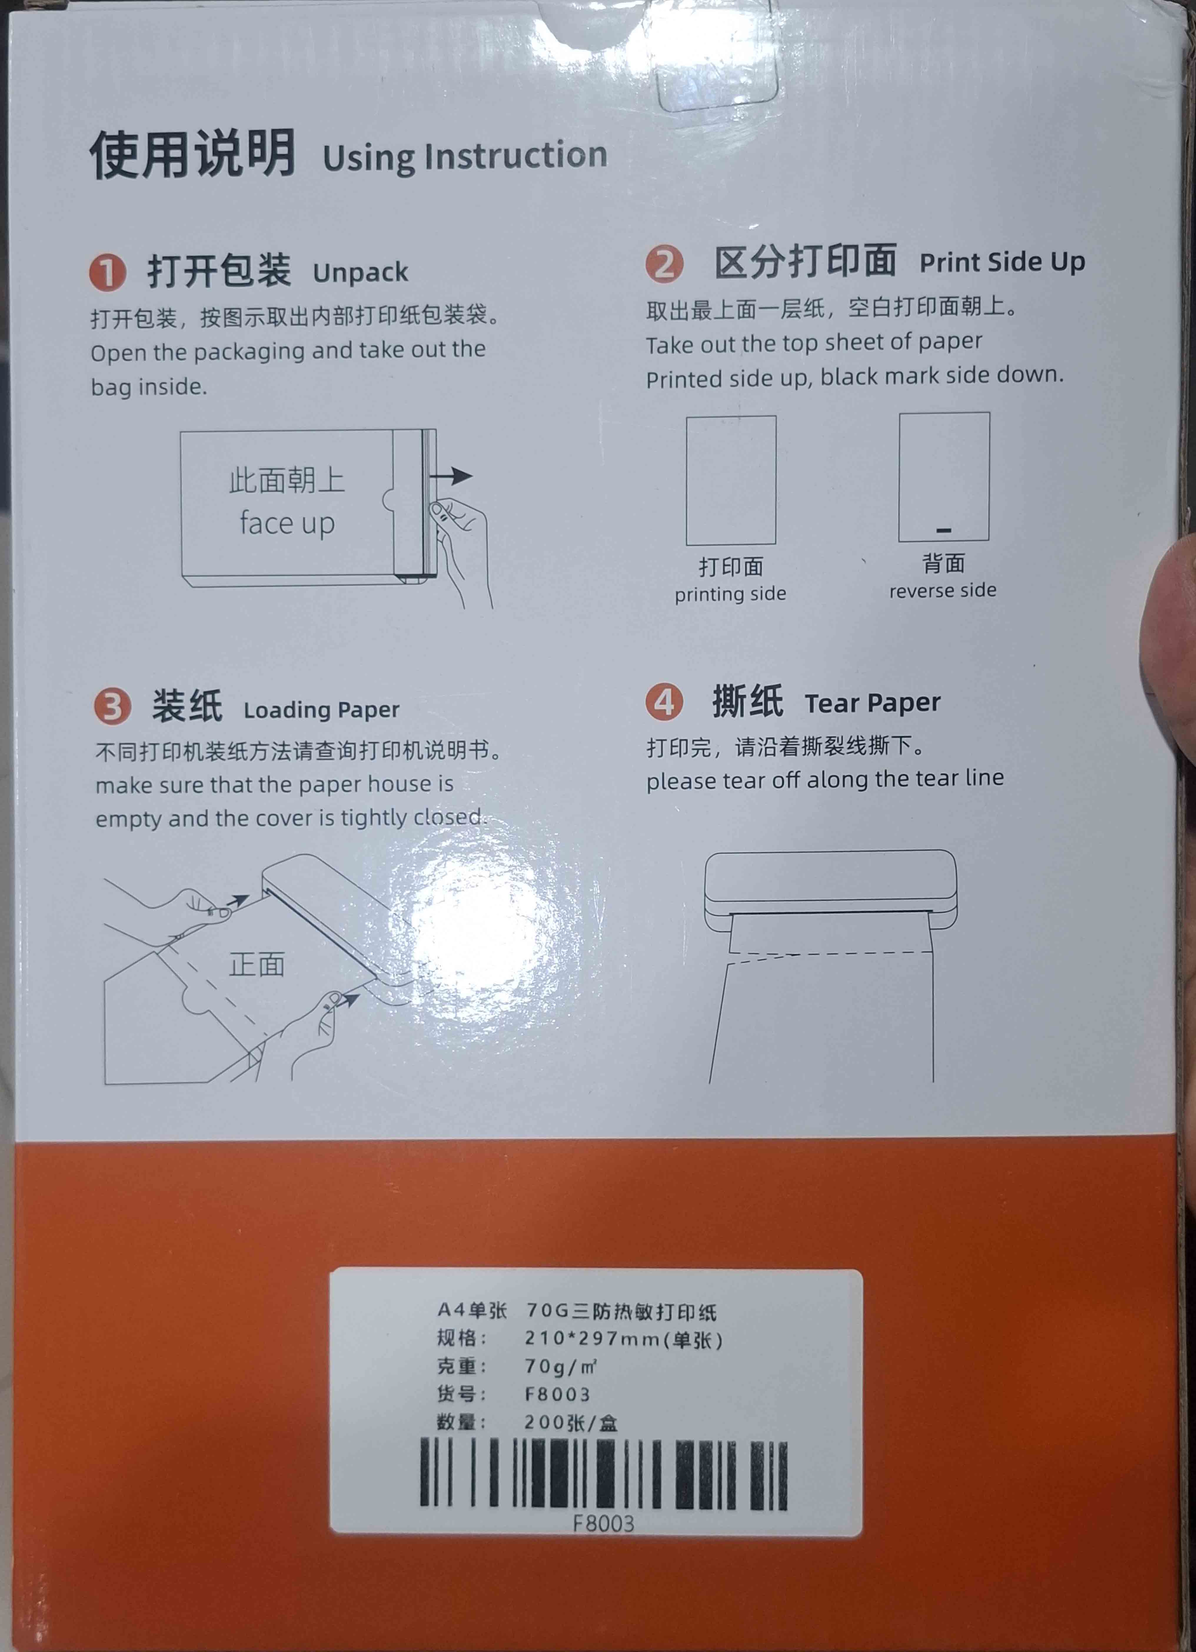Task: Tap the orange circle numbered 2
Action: pos(663,264)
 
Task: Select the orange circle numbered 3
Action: pos(112,706)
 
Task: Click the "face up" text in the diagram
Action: pos(287,523)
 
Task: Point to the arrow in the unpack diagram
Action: pos(450,476)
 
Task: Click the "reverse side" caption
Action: pos(942,590)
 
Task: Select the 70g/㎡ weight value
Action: pos(561,1367)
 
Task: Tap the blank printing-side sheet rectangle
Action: pos(731,480)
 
